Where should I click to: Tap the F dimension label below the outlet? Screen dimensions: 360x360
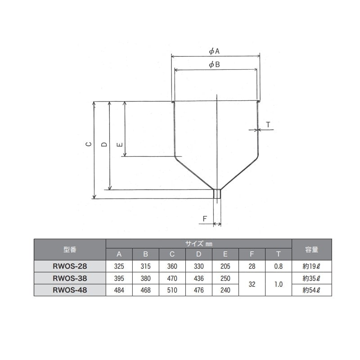[x=204, y=219]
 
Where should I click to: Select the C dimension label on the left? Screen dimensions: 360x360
[x=89, y=144]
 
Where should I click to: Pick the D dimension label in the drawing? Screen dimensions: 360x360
[x=104, y=144]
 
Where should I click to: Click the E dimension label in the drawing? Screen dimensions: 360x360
[x=119, y=144]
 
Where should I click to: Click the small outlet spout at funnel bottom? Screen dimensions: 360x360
[x=217, y=194]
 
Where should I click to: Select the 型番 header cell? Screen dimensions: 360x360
[x=70, y=249]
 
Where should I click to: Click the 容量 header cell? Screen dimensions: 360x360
[x=311, y=249]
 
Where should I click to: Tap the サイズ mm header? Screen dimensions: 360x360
[x=198, y=243]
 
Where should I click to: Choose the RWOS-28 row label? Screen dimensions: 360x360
[x=70, y=266]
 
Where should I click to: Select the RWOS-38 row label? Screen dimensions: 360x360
[x=70, y=279]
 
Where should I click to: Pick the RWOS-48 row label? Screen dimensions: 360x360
[x=70, y=290]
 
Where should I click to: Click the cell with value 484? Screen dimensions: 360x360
[x=119, y=290]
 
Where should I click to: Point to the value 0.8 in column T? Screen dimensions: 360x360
[x=279, y=266]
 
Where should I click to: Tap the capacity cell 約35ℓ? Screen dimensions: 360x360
[x=311, y=279]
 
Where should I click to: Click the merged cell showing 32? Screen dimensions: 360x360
[x=252, y=284]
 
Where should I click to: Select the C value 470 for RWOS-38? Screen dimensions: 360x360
[x=172, y=279]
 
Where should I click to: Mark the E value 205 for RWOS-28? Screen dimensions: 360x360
[x=225, y=266]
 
